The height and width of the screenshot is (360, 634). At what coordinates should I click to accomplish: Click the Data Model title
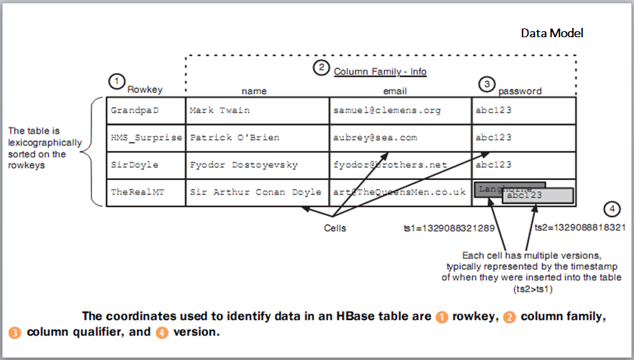552,33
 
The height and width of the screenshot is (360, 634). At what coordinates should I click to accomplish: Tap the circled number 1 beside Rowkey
116,81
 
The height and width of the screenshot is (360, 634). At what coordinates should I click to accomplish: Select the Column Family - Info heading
380,72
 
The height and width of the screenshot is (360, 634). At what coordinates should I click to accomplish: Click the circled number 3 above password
487,84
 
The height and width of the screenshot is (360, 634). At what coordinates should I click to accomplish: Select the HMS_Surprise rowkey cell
145,137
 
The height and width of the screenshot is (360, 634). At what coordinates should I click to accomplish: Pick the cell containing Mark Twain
257,110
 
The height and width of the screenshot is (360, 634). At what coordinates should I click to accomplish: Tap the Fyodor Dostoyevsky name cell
257,165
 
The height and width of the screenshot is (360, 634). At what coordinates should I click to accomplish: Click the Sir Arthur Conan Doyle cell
257,193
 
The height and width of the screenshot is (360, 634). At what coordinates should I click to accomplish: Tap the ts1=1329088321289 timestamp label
449,228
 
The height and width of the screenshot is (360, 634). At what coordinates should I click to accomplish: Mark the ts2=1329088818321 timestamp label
580,227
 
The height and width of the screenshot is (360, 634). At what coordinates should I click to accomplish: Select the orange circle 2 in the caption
509,317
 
